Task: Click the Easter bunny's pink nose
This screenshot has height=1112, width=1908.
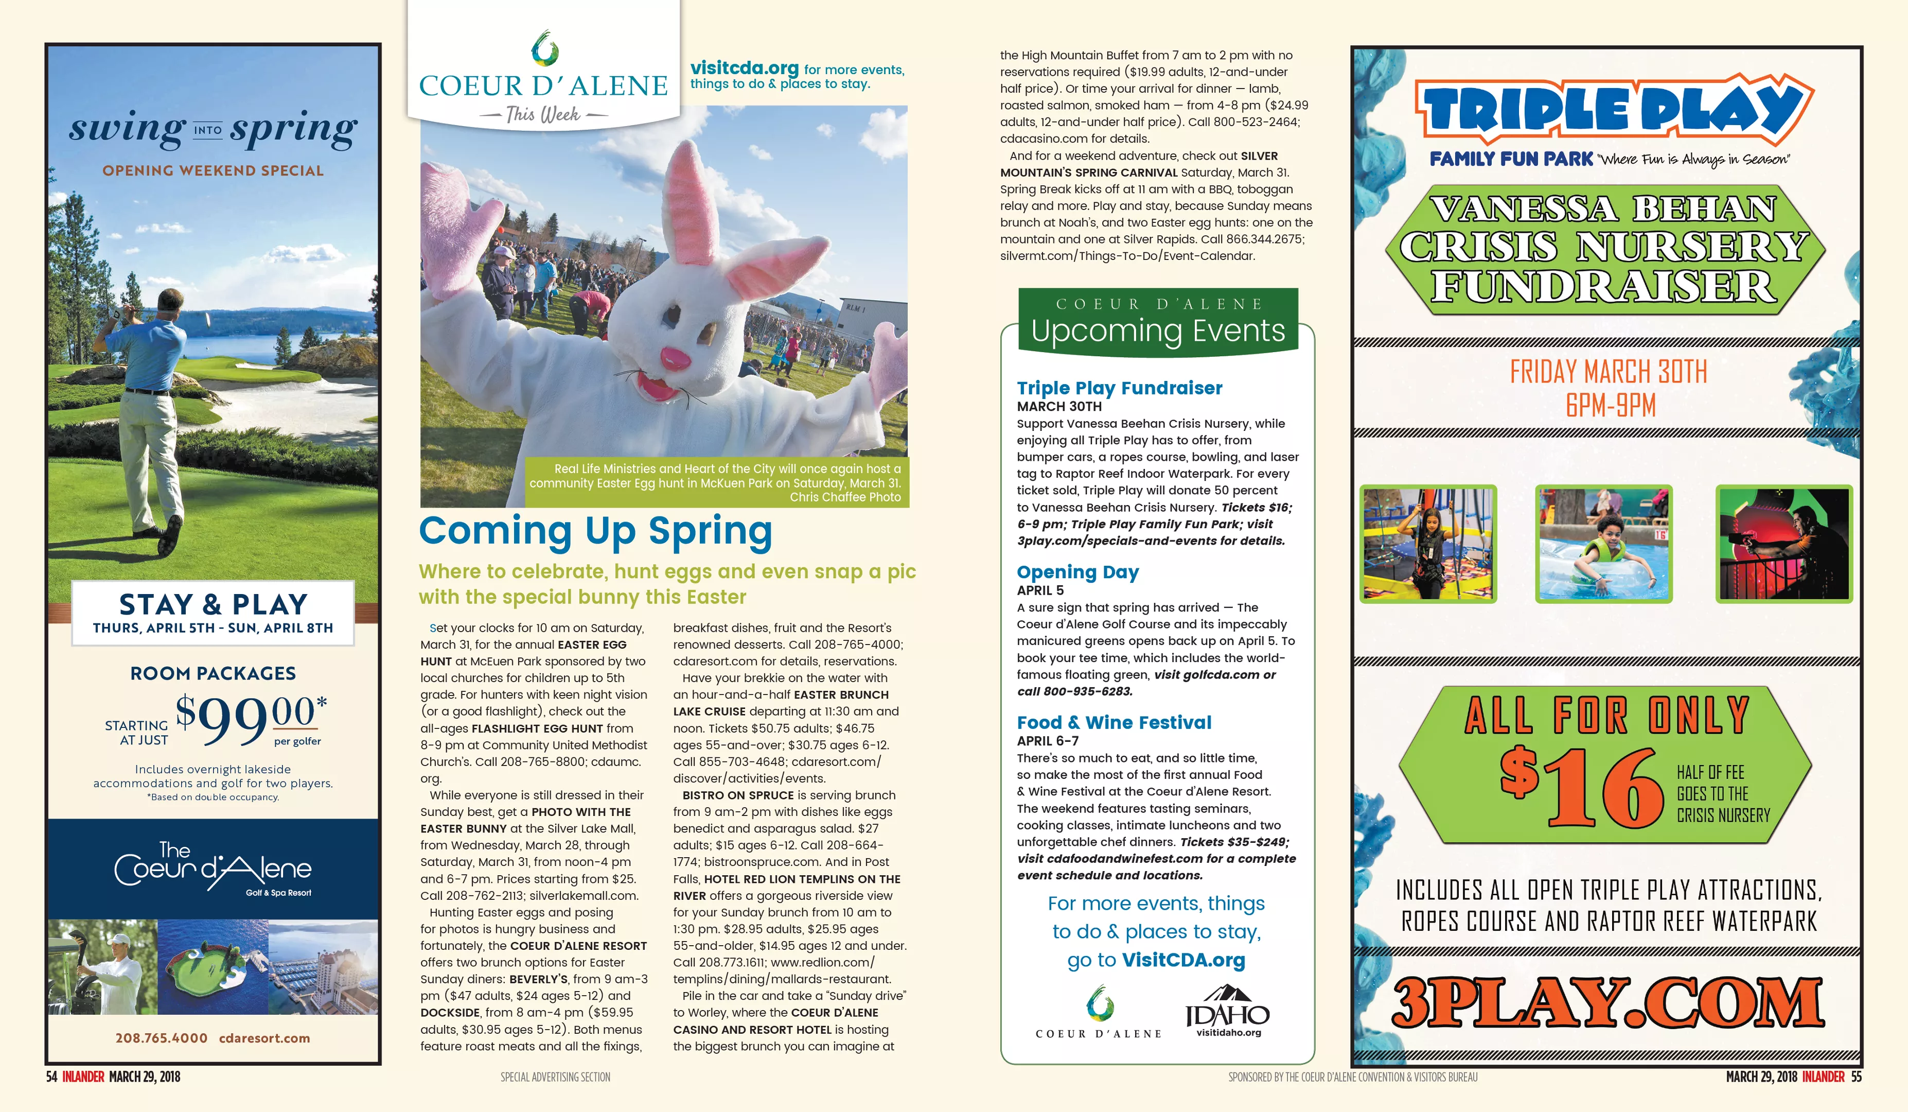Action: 676,356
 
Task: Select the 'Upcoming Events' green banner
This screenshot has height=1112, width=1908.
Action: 1158,322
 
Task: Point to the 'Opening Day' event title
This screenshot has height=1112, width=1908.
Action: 1077,572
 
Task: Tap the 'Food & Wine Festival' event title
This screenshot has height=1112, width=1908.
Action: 1114,723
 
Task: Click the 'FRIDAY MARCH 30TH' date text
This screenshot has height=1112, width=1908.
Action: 1608,372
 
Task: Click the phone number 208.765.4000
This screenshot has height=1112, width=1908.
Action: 161,1038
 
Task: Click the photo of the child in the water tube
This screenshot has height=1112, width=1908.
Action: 1603,544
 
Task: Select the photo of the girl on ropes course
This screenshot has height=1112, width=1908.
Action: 1428,544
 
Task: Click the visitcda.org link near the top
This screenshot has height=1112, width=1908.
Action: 744,68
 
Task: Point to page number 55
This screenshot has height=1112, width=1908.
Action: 1856,1076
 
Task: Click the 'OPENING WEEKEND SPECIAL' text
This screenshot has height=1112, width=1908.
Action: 213,170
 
